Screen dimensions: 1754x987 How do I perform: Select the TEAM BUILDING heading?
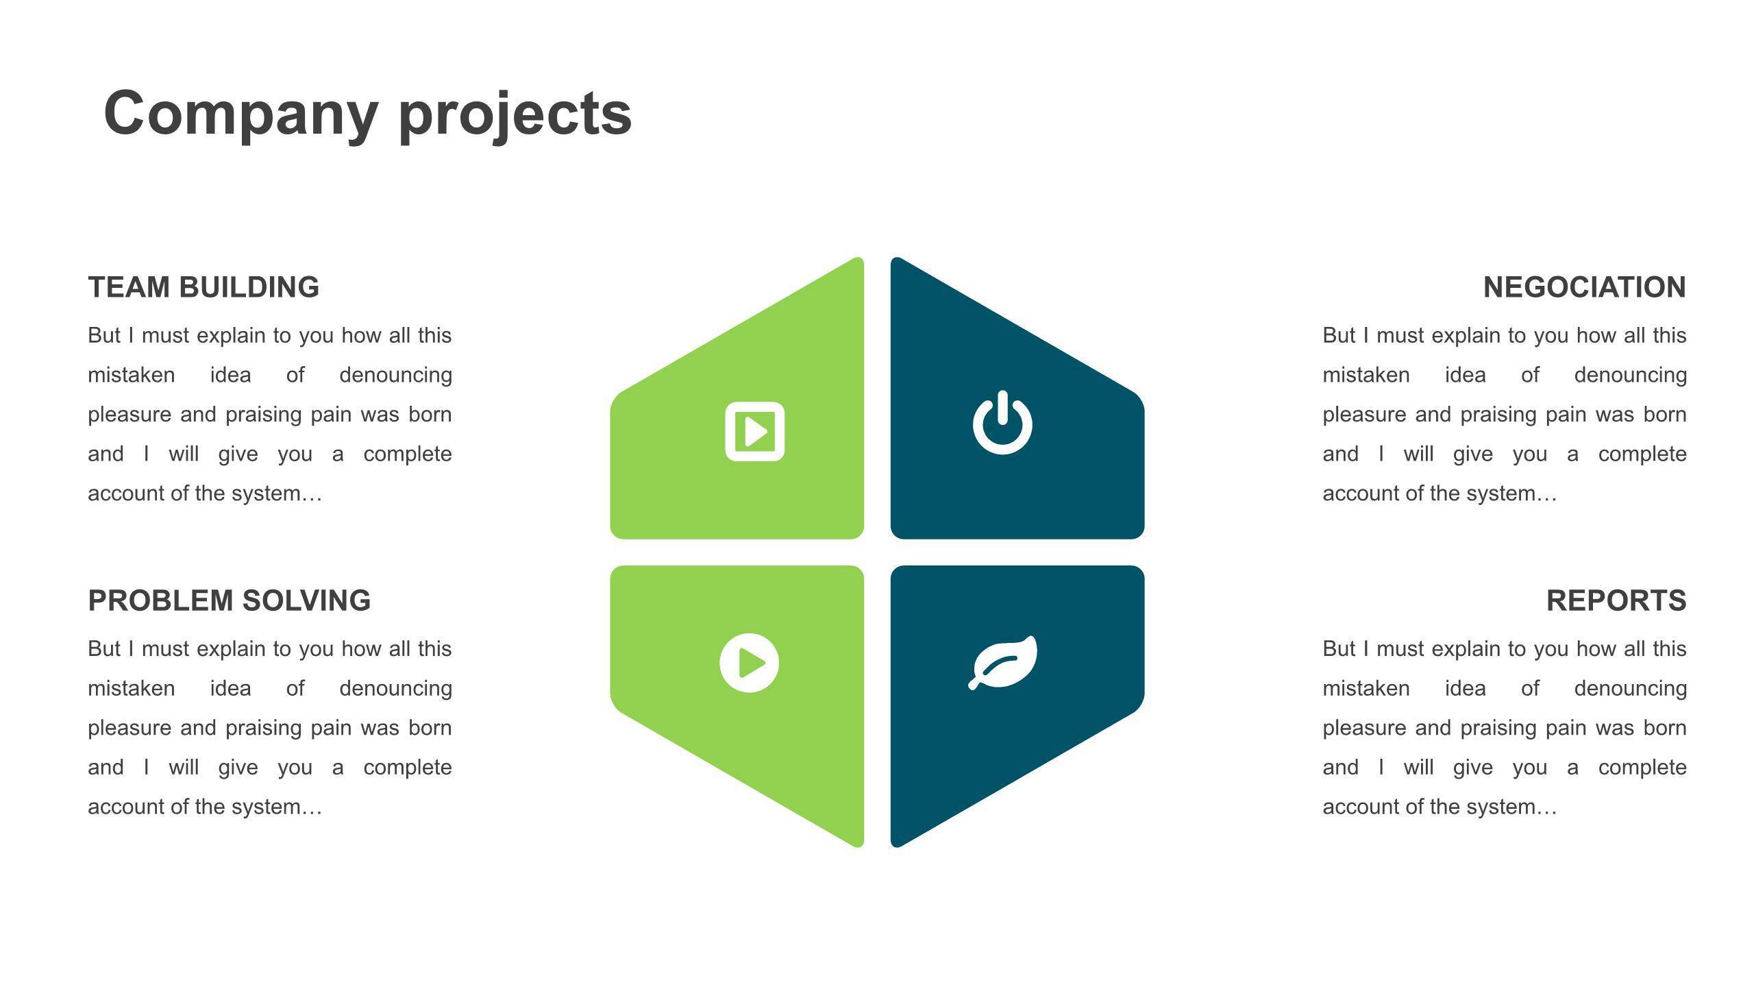(203, 287)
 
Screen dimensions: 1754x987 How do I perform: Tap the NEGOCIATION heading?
(1584, 287)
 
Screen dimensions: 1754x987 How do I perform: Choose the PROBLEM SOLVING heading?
(230, 600)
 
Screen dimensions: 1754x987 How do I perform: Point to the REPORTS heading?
(1616, 600)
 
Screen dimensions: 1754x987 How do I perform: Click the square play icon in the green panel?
(755, 431)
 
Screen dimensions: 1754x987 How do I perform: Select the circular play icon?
(750, 663)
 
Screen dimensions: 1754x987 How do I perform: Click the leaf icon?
(1002, 662)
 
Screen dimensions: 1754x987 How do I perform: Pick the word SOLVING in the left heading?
(306, 600)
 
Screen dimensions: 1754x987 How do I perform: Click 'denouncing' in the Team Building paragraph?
(395, 376)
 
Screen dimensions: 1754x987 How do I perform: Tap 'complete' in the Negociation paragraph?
(1642, 454)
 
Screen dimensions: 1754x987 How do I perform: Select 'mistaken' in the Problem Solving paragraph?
(132, 688)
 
